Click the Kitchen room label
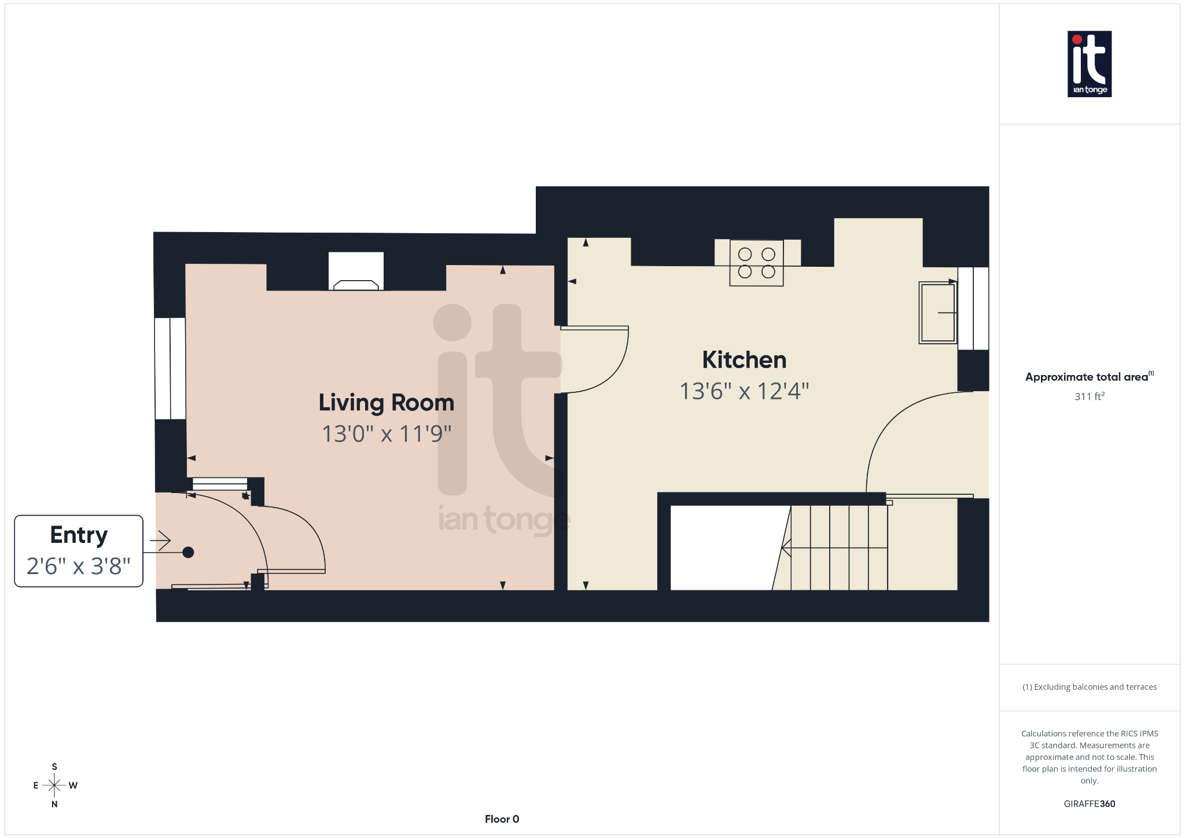click(744, 360)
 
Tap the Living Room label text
click(386, 403)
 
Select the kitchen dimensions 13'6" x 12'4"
click(744, 391)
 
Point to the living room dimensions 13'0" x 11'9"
click(386, 434)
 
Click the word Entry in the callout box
click(79, 535)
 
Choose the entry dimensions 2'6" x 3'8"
click(79, 566)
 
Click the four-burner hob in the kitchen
click(756, 263)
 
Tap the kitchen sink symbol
click(937, 313)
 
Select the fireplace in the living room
click(356, 272)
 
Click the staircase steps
click(839, 547)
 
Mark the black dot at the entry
click(188, 552)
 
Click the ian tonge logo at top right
click(1089, 64)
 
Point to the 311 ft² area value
click(1089, 396)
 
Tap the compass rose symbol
click(54, 785)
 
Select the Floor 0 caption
click(502, 819)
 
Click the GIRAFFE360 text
click(1089, 804)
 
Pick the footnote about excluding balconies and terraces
click(1089, 687)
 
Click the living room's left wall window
click(170, 368)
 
